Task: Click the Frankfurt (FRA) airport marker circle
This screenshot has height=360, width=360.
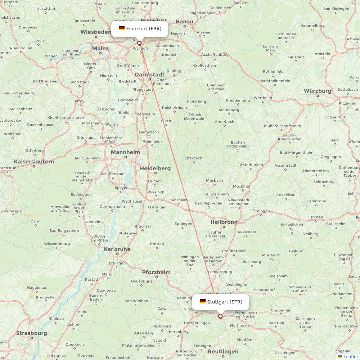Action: click(139, 43)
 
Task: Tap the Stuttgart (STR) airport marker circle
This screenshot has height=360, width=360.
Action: click(220, 317)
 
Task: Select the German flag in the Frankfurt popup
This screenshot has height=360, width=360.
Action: click(122, 28)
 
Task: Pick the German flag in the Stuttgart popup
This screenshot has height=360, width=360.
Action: click(203, 301)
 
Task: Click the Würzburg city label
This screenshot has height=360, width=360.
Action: click(318, 91)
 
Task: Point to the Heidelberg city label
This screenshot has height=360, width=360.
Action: click(155, 168)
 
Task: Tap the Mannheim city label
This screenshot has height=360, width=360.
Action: click(125, 152)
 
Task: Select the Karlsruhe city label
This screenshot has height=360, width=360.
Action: click(117, 249)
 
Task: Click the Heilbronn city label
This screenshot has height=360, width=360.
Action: click(224, 222)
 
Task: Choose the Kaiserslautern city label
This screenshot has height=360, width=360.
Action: click(34, 162)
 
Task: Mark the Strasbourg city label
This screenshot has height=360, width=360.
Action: click(31, 333)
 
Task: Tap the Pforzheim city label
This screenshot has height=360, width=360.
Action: click(156, 272)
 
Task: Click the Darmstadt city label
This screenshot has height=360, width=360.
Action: click(149, 75)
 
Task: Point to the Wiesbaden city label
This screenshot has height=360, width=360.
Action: click(96, 32)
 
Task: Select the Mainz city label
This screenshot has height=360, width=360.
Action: click(100, 48)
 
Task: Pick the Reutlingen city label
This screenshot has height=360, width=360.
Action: click(223, 351)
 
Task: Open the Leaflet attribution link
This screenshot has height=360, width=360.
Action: click(350, 356)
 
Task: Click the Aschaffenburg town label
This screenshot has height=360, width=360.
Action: click(215, 55)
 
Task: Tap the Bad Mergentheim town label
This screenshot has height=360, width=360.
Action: click(297, 153)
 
